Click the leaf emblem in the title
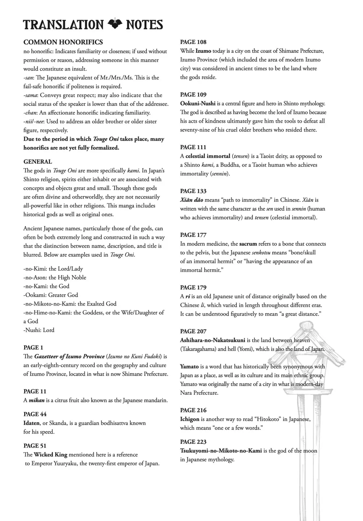click(115, 24)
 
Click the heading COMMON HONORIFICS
click(63, 42)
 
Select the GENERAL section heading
click(38, 161)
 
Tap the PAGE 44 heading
click(35, 414)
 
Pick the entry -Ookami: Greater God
click(51, 295)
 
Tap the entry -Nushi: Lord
click(39, 330)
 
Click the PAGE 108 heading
click(193, 42)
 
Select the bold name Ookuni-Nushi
click(198, 104)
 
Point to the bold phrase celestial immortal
click(208, 156)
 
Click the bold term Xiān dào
click(192, 200)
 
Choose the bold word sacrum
click(248, 244)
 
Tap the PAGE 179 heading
click(193, 288)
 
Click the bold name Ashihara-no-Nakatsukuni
click(213, 340)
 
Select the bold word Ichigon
click(190, 419)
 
